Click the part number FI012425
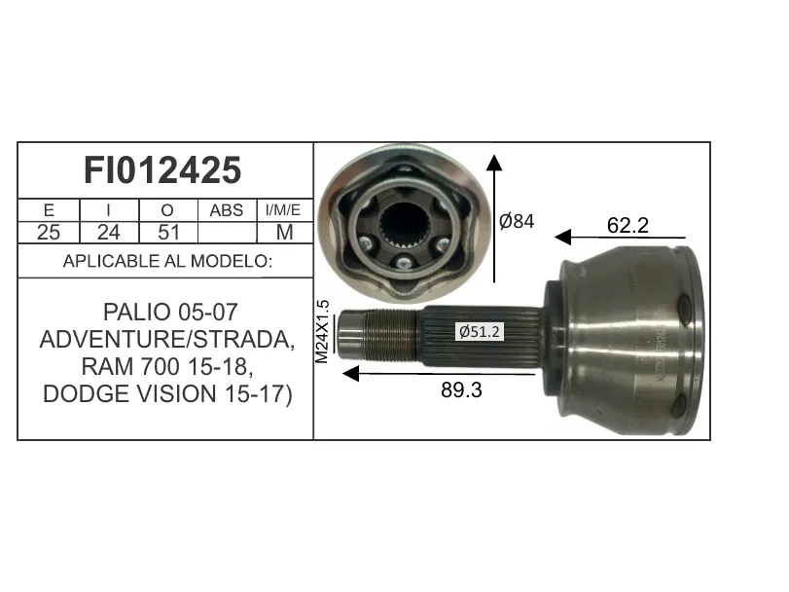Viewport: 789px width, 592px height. click(162, 170)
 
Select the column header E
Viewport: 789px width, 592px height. click(49, 210)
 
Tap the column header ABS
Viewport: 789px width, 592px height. click(227, 210)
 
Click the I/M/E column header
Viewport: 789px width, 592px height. click(283, 210)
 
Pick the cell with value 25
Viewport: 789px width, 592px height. click(49, 232)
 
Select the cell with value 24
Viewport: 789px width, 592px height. click(109, 232)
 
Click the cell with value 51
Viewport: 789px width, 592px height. click(168, 232)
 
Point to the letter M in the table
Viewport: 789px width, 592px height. click(285, 232)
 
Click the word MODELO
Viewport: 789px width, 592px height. click(232, 261)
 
